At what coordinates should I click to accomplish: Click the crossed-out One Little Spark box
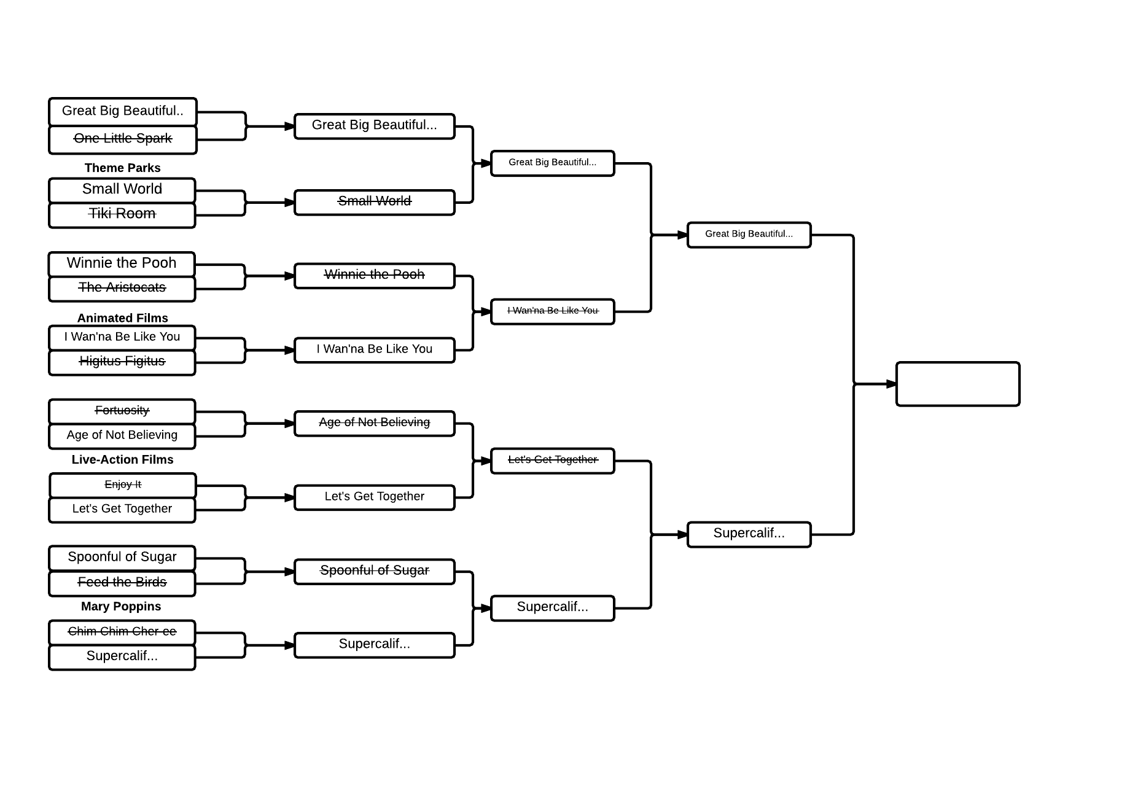tap(122, 139)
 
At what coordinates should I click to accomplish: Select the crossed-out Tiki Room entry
tap(122, 214)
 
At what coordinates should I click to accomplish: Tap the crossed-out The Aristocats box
tap(122, 288)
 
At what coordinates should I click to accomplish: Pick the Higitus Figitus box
tap(122, 362)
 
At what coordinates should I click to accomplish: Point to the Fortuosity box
tap(122, 411)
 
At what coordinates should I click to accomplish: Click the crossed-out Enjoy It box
tap(122, 484)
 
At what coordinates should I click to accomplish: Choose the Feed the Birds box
tap(122, 583)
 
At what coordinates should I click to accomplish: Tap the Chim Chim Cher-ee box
tap(122, 632)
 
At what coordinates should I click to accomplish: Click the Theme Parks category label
tap(122, 168)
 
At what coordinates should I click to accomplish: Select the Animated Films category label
tap(122, 318)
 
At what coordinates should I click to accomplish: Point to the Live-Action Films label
tap(122, 460)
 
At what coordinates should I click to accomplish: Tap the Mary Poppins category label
tap(121, 607)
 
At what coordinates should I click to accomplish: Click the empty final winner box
tap(957, 384)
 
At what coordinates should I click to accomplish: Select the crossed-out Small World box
tap(374, 202)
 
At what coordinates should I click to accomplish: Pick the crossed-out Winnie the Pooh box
tap(374, 276)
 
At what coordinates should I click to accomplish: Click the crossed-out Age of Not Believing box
tap(374, 423)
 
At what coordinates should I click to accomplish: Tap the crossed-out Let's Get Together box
tap(552, 461)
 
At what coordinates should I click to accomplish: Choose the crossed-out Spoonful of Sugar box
tap(374, 571)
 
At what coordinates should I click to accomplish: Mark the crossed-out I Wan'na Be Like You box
tap(552, 311)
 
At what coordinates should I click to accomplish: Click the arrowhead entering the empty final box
tap(891, 384)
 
